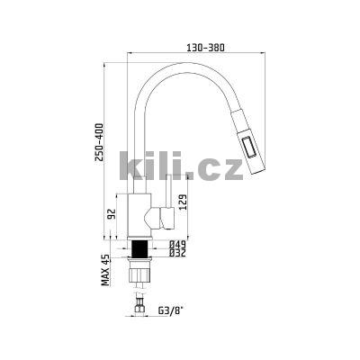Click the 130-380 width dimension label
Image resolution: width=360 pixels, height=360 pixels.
click(x=205, y=48)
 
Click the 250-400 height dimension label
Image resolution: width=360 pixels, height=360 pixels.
click(x=99, y=142)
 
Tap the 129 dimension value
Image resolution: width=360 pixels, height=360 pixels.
click(x=184, y=202)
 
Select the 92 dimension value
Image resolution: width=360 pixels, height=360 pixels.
click(x=112, y=214)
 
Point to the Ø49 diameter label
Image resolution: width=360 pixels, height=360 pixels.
click(x=177, y=244)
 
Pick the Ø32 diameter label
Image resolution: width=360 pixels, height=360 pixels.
click(x=177, y=253)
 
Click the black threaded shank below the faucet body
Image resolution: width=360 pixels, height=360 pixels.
click(x=140, y=248)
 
